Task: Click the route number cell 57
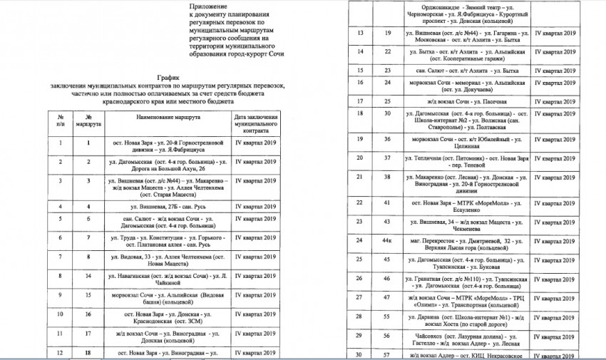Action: [387, 354]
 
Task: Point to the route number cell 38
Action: [387, 176]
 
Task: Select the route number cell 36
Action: [387, 139]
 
